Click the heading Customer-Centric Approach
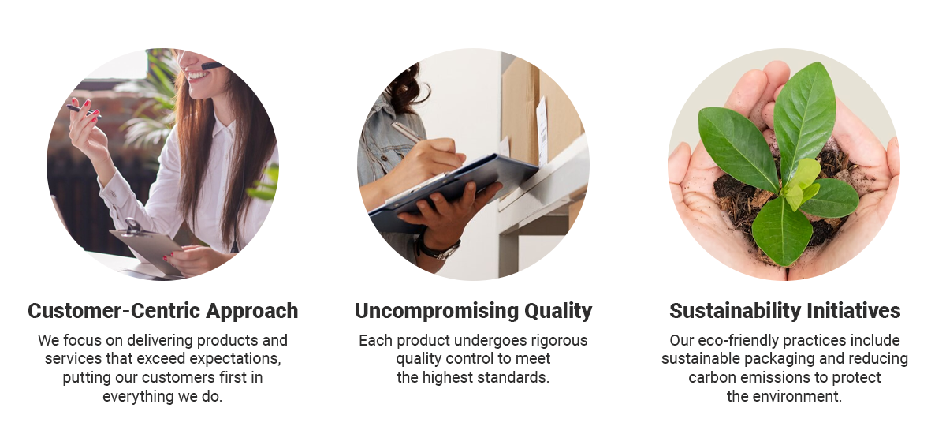pyautogui.click(x=163, y=311)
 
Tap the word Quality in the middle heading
pyautogui.click(x=558, y=312)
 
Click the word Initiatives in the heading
pyautogui.click(x=854, y=311)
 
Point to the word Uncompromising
pyautogui.click(x=437, y=312)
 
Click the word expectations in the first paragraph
pyautogui.click(x=234, y=359)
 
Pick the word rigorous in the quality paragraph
pyautogui.click(x=559, y=341)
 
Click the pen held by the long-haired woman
pyautogui.click(x=84, y=111)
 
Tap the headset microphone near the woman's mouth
pyautogui.click(x=211, y=66)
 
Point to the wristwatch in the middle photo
pyautogui.click(x=438, y=249)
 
